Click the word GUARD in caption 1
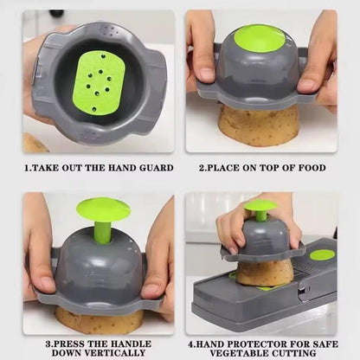coord(151,168)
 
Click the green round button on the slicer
coord(322,254)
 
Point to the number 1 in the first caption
coord(26,168)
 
